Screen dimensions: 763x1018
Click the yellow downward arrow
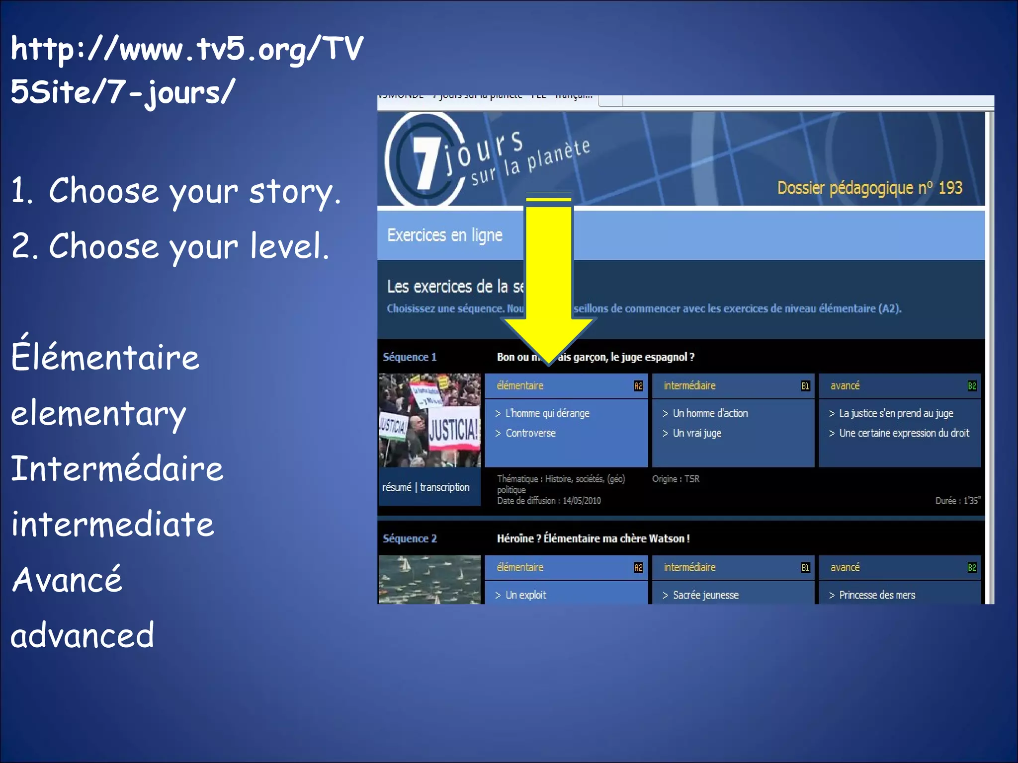pos(549,278)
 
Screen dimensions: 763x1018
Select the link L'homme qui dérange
pos(547,413)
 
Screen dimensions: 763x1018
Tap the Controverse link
pos(530,433)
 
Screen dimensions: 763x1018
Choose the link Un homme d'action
pos(709,413)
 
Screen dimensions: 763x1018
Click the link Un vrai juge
pos(696,433)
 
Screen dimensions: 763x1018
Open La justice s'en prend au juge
pos(896,413)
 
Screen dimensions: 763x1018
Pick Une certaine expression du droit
pos(904,433)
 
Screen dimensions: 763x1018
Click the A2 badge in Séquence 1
pos(638,386)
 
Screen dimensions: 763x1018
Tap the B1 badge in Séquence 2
pos(805,568)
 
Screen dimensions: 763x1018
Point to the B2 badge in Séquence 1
pos(972,386)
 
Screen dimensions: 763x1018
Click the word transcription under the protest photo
pos(444,487)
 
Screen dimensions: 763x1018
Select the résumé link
pos(397,487)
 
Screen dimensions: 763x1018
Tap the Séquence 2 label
pos(410,538)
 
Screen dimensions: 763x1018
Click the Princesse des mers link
pos(877,595)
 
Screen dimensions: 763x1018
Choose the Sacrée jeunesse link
pos(705,595)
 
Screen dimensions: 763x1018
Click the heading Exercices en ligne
pos(444,235)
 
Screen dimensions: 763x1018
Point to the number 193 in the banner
pos(950,188)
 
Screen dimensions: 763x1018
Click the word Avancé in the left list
pos(67,580)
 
